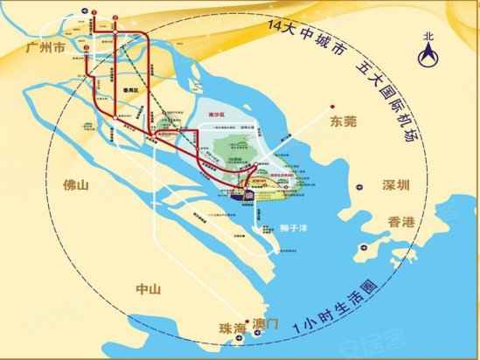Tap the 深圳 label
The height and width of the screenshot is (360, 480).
395,185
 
